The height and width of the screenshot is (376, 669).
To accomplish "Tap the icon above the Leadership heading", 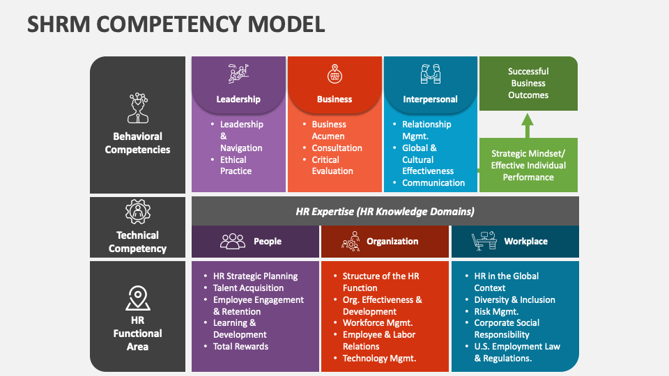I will click(x=238, y=74).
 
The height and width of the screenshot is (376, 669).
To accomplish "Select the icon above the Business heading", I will click(x=334, y=74).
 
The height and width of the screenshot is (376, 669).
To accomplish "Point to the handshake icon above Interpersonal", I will click(x=430, y=74).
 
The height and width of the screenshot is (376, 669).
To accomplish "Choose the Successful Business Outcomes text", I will click(x=528, y=84).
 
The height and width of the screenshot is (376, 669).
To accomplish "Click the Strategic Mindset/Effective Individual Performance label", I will click(x=528, y=166).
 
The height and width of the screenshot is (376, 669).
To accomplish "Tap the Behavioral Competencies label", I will click(x=137, y=143).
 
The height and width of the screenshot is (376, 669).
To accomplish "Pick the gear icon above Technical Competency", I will click(x=137, y=211).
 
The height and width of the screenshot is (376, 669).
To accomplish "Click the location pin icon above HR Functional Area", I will click(x=137, y=298).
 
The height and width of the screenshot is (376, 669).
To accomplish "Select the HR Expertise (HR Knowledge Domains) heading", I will click(x=385, y=211).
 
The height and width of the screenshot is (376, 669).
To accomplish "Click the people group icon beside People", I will click(x=233, y=242).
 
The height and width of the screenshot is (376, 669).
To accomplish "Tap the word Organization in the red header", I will click(x=392, y=242).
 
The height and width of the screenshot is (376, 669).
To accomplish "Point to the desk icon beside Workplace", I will click(x=484, y=241).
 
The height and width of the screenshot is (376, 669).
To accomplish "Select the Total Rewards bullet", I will click(x=240, y=347).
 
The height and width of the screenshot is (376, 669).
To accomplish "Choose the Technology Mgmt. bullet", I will click(x=379, y=359).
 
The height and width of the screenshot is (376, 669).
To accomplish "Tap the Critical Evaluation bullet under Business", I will click(x=332, y=165).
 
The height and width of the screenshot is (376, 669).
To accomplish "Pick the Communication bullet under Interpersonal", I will click(x=433, y=183).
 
